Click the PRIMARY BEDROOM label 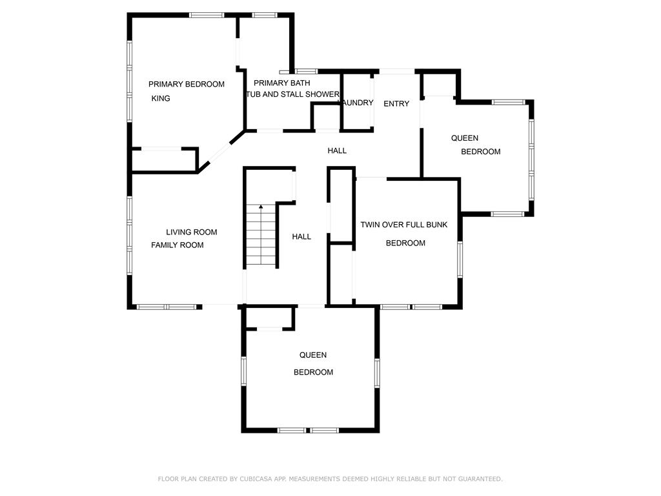coord(187,85)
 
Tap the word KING coord(161,98)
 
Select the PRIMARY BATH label coord(281,83)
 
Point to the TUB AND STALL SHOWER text coord(293,94)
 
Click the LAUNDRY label coord(358,103)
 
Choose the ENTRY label coord(396,104)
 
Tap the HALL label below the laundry coord(337,150)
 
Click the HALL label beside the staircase coord(301,236)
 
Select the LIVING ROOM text coord(191,232)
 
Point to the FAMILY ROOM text coord(177,245)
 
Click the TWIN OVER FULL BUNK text coord(404,225)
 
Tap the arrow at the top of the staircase coord(261,207)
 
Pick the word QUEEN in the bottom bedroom coord(313,355)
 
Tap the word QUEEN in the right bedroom coord(465,138)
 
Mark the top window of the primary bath coord(265,15)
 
